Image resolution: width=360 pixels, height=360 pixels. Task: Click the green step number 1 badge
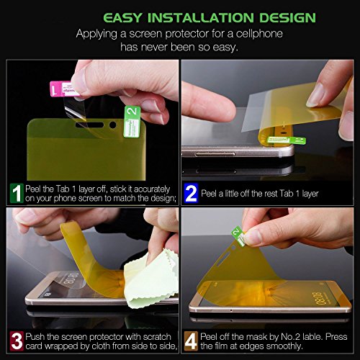click(x=17, y=193)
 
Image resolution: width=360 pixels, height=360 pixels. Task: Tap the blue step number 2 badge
click(x=191, y=193)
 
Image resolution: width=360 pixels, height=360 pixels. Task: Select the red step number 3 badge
click(x=17, y=341)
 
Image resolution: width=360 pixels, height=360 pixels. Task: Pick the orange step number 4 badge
click(x=191, y=341)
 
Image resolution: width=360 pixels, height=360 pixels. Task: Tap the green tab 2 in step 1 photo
click(x=132, y=122)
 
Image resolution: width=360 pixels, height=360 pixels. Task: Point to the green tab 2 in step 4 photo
click(x=239, y=235)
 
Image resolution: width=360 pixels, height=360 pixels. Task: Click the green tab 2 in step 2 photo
click(x=287, y=140)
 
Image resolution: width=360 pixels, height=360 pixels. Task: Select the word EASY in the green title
click(x=123, y=18)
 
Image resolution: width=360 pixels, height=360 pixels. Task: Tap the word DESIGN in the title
click(x=287, y=18)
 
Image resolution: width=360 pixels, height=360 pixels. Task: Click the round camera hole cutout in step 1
click(x=112, y=125)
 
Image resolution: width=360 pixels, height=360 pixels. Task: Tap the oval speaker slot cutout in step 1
click(x=89, y=125)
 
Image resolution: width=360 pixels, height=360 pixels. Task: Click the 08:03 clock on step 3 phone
click(x=71, y=278)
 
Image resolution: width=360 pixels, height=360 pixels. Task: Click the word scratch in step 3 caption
click(x=157, y=337)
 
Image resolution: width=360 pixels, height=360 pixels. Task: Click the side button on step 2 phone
click(x=215, y=154)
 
